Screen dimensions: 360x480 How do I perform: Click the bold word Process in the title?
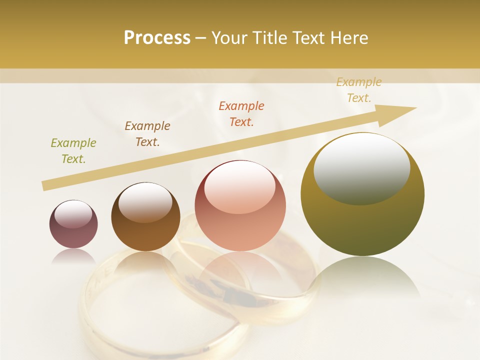click(x=157, y=38)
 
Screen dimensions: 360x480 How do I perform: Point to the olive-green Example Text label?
click(x=73, y=151)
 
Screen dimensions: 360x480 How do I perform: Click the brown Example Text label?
click(x=147, y=134)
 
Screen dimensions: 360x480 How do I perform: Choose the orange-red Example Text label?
click(x=241, y=114)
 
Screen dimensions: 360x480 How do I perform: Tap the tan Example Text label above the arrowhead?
click(x=359, y=90)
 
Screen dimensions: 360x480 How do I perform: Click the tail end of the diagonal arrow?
click(x=44, y=186)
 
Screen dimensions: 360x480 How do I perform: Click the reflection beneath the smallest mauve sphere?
click(x=73, y=256)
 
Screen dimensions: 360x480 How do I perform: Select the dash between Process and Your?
click(x=201, y=38)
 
